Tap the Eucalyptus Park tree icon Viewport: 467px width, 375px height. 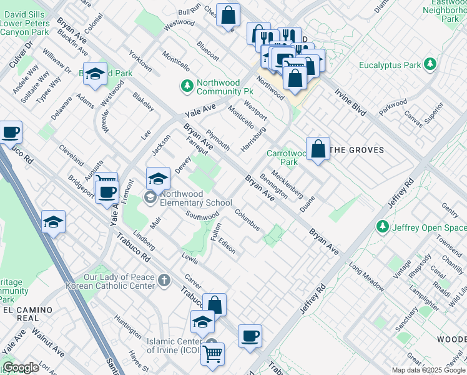(x=430, y=64)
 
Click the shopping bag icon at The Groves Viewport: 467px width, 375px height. (x=318, y=149)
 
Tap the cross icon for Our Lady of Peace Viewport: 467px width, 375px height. (x=164, y=281)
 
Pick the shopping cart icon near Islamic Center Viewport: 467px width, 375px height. (x=213, y=354)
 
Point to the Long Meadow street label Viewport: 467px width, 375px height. (x=366, y=277)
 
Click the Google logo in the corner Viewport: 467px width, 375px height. (x=21, y=367)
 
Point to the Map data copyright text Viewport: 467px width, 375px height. (x=428, y=370)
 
